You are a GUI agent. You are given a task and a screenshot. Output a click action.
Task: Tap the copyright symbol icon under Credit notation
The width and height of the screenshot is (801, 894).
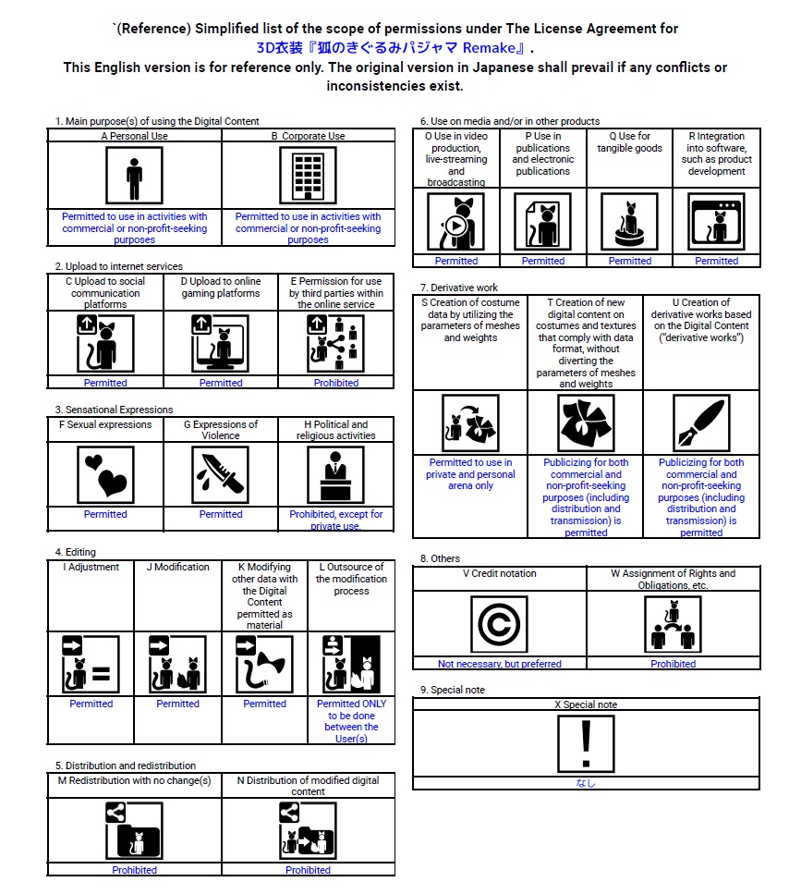click(499, 624)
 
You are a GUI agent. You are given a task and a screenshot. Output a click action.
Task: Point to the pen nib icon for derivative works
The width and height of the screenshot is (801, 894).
click(701, 423)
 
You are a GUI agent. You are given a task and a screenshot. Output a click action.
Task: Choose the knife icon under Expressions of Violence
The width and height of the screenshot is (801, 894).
click(221, 474)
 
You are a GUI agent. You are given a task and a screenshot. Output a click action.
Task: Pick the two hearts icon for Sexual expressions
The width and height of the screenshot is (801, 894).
click(105, 474)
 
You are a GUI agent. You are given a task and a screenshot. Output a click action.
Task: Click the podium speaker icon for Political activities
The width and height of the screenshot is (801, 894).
click(336, 474)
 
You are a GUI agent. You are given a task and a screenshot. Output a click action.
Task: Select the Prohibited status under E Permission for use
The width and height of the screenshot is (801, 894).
click(336, 383)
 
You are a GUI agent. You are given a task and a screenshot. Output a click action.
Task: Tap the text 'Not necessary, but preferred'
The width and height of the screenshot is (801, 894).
click(499, 664)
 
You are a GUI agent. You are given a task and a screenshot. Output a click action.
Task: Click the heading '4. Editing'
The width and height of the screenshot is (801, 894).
click(75, 553)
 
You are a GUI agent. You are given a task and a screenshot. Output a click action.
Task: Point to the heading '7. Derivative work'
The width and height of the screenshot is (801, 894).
click(458, 288)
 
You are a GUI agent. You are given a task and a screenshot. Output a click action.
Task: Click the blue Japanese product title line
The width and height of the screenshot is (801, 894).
click(395, 48)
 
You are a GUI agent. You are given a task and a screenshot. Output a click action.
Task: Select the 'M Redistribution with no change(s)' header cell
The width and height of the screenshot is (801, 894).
click(135, 780)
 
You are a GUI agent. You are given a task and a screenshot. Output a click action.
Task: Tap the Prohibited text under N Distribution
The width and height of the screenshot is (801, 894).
click(308, 870)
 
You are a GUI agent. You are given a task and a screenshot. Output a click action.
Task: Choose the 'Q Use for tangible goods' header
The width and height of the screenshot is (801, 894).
click(630, 141)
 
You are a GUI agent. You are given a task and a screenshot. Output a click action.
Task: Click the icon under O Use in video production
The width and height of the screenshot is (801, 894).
click(456, 222)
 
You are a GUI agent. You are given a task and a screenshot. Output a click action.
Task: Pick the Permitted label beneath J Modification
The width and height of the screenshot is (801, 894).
click(177, 704)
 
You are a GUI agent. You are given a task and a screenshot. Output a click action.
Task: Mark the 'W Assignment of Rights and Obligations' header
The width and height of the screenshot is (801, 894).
click(674, 579)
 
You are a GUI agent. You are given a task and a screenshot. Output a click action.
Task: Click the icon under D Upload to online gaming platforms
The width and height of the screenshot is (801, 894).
click(221, 343)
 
